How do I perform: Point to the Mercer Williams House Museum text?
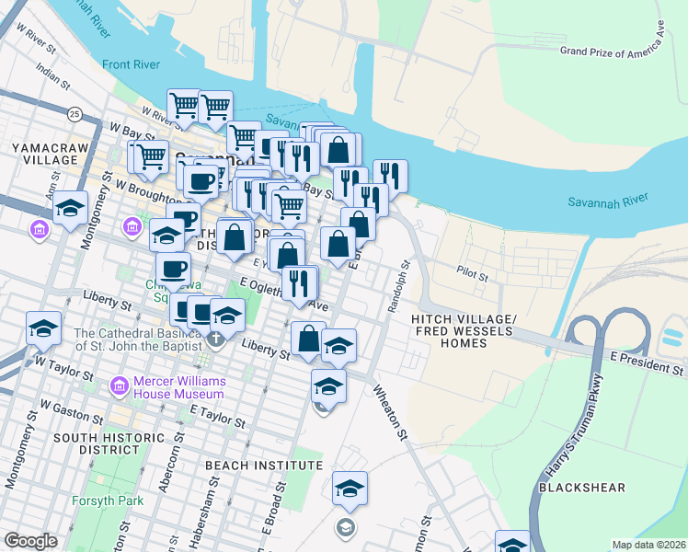coord(180,387)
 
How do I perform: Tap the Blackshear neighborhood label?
coord(635,488)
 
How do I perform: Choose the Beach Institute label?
coord(264,466)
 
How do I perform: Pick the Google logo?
coord(30,541)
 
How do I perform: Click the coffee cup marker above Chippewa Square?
coord(173,269)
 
